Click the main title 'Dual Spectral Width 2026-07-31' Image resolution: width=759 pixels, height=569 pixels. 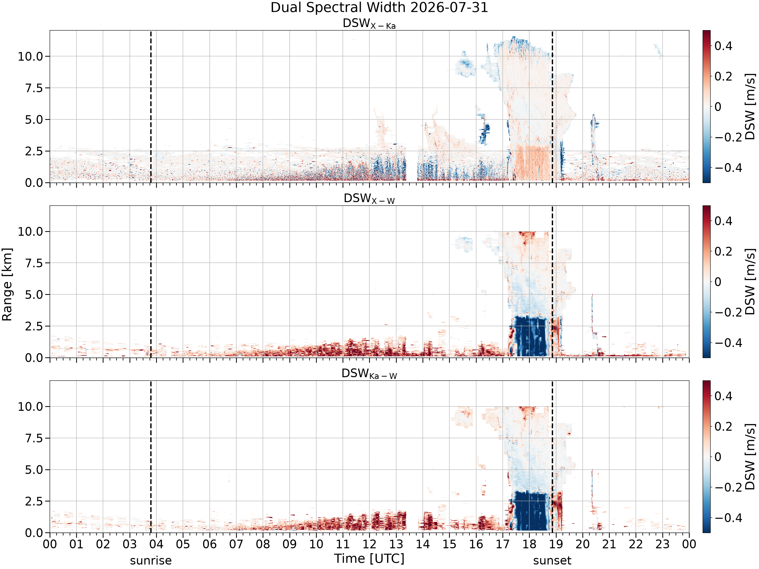pos(379,8)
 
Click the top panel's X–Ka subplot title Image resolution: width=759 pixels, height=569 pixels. pos(369,24)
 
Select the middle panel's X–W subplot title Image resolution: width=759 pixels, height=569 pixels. pos(369,199)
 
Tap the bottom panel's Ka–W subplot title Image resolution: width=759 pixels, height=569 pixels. pos(369,374)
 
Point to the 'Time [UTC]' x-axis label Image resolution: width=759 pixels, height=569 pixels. pos(369,559)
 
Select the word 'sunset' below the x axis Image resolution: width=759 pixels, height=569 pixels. pos(552,561)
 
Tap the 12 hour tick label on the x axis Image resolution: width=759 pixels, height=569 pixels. pos(370,544)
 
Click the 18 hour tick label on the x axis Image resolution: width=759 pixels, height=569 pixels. pos(530,544)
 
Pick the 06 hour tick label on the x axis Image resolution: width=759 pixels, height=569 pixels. pos(210,544)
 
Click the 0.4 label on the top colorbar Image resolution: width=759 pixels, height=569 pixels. pos(723,46)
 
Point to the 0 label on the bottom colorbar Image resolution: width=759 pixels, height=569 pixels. pos(718,457)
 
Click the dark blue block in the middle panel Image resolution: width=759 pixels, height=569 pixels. pos(530,336)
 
